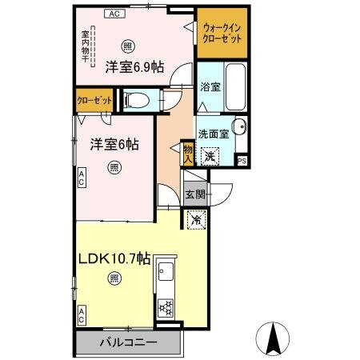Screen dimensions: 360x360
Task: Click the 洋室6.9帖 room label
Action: (134, 67)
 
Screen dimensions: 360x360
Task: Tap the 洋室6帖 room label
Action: (114, 145)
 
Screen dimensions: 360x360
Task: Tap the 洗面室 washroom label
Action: (214, 135)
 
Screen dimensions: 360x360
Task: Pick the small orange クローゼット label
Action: (94, 102)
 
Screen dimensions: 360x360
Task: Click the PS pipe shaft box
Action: (243, 161)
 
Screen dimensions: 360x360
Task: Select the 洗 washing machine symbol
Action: (209, 157)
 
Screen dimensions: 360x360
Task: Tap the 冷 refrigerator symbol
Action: (195, 217)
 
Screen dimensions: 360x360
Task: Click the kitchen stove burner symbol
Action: (166, 306)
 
